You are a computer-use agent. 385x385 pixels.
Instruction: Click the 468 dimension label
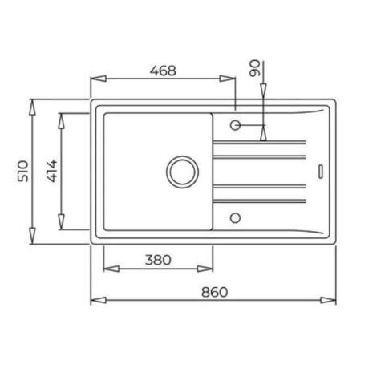[163, 71]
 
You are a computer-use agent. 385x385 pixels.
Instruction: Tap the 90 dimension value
[254, 68]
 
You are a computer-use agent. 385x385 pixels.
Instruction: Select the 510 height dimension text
[23, 171]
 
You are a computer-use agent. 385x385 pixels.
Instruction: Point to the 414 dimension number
[51, 171]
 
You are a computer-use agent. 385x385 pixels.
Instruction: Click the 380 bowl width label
[158, 260]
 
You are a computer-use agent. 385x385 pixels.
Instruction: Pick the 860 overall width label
[214, 292]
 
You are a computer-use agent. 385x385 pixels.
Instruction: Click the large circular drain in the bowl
[182, 172]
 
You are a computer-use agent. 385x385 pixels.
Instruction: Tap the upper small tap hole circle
[235, 125]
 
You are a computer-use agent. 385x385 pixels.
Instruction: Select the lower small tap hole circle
[235, 218]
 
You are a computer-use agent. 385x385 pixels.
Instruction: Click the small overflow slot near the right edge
[321, 172]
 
